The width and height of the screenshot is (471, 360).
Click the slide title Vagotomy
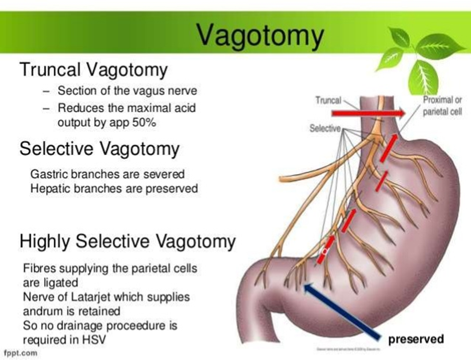tap(260, 36)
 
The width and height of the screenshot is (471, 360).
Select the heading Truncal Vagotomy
tap(93, 70)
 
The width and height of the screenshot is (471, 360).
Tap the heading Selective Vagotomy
tap(99, 149)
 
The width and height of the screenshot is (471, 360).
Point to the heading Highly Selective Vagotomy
tap(127, 242)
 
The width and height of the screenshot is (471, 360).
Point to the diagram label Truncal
tap(327, 100)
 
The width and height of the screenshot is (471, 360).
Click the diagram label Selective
tap(325, 128)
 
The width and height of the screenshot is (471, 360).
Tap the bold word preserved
tap(416, 338)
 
